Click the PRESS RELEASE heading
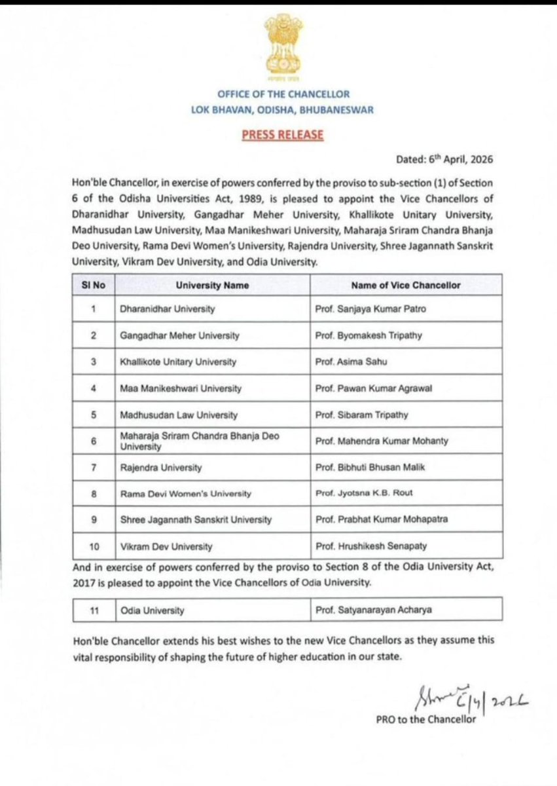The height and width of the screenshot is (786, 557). click(x=283, y=134)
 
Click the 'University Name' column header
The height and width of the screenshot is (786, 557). click(x=209, y=285)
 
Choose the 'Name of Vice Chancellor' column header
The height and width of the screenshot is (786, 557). click(x=406, y=285)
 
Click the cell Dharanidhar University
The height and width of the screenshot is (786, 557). click(x=168, y=309)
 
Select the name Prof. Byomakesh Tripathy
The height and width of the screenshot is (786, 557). click(x=367, y=335)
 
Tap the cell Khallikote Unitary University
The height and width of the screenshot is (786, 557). click(x=179, y=362)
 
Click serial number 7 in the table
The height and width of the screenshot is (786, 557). click(x=94, y=468)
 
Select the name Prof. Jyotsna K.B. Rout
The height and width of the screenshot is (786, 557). click(x=362, y=494)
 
